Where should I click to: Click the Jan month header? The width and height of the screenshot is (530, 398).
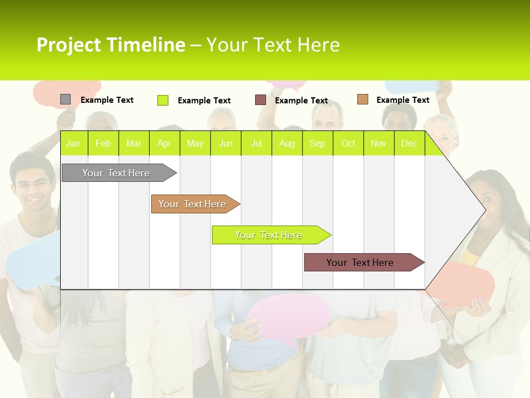[73, 144]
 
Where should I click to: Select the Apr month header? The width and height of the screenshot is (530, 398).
[164, 144]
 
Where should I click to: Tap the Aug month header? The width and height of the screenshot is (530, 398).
[287, 144]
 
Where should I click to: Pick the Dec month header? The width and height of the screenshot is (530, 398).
[409, 144]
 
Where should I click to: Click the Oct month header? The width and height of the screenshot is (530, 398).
[348, 144]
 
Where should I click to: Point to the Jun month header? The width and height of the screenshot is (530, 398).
[225, 144]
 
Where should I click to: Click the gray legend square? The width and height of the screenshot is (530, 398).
[65, 99]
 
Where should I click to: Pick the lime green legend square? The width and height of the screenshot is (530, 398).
[162, 100]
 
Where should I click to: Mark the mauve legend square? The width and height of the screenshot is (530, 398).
[260, 100]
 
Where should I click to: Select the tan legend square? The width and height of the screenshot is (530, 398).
[362, 99]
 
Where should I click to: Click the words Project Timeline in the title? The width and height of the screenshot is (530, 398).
[110, 45]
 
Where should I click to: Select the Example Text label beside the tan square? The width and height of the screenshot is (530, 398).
[402, 100]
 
